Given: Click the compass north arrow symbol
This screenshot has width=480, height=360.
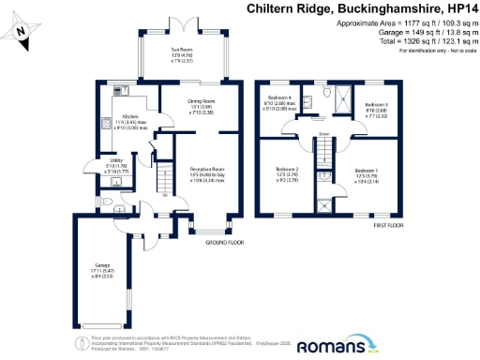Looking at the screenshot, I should pos(22,34).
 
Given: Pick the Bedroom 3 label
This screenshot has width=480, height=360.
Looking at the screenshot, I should pos(376,106).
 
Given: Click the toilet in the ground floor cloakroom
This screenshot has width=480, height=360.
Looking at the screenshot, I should pos(106,202).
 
